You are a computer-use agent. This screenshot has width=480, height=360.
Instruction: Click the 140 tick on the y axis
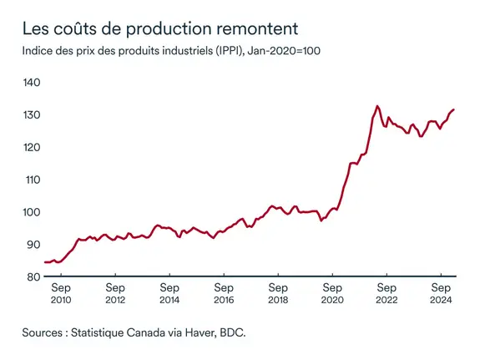(32, 83)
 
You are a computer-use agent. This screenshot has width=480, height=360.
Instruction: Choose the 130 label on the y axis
(32, 114)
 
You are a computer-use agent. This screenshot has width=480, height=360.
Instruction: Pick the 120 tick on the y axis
(32, 147)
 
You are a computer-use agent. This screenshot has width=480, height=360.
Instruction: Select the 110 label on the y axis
(32, 180)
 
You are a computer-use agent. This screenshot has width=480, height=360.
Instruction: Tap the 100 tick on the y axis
(32, 211)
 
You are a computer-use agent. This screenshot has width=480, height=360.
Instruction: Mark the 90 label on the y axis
(33, 244)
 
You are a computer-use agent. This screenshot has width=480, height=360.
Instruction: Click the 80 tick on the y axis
(33, 276)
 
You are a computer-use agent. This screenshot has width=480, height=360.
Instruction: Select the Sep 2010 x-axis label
(61, 292)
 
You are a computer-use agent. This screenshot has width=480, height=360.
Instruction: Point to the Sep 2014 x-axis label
(169, 292)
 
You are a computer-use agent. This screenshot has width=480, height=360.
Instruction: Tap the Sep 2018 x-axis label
(277, 292)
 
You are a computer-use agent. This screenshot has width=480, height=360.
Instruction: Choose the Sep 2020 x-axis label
(331, 292)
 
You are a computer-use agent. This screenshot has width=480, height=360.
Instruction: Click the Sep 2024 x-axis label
(440, 292)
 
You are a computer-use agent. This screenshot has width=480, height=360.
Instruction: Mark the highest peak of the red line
(377, 106)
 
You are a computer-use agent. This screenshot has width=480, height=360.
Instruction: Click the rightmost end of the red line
(453, 109)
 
